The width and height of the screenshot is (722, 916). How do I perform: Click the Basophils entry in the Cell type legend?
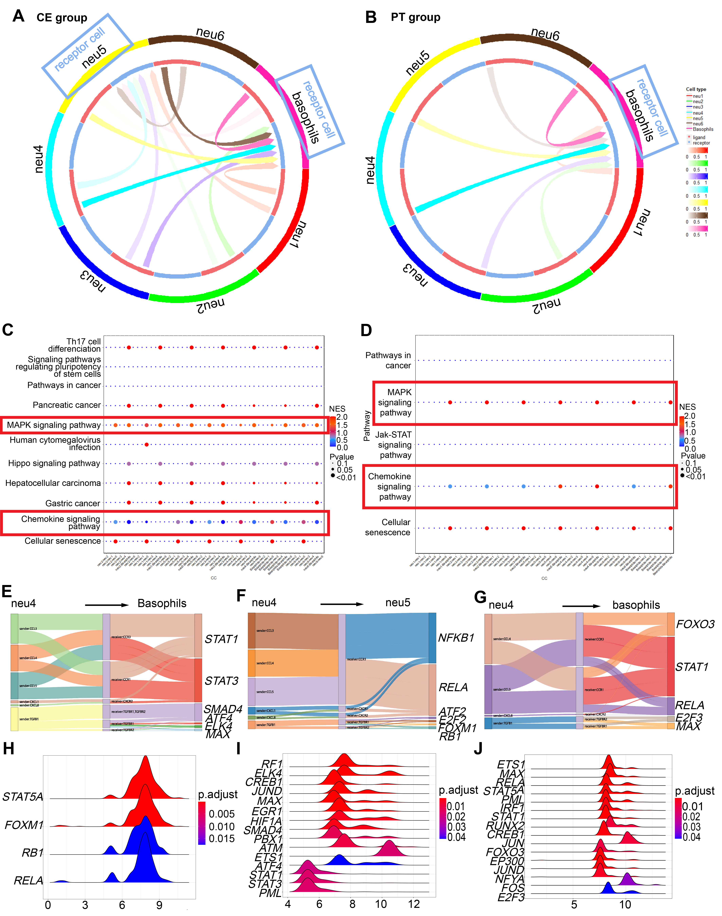tap(702, 129)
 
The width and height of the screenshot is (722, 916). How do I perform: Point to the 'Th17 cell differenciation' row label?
tap(74, 345)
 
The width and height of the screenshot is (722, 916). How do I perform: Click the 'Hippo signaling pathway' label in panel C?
tap(54, 463)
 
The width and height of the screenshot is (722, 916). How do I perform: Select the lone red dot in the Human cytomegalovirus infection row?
tap(146, 444)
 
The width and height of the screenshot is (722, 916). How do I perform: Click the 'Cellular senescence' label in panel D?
tap(388, 527)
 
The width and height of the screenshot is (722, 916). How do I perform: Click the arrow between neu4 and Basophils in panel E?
tap(106, 605)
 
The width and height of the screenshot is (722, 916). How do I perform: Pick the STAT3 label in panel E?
tap(221, 681)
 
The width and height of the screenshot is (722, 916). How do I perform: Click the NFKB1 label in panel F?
tap(456, 638)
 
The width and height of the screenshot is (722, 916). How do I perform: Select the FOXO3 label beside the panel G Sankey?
tap(695, 624)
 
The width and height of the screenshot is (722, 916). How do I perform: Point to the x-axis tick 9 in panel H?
tap(159, 905)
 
